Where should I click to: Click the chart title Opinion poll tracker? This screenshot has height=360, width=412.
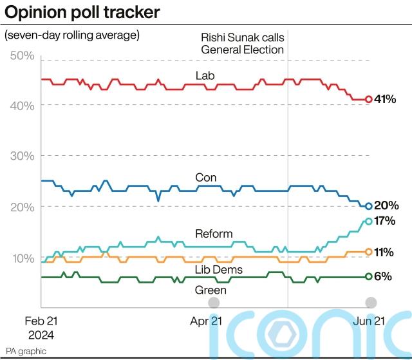click(82, 12)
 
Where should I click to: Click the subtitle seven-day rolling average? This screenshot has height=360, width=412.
click(72, 35)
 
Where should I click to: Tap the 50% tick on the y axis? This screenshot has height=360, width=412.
click(23, 56)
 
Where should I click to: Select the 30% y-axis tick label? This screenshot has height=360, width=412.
click(23, 156)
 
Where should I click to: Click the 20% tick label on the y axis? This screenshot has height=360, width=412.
click(23, 207)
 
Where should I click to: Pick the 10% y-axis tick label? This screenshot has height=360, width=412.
click(23, 258)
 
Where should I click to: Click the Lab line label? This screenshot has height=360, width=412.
click(205, 76)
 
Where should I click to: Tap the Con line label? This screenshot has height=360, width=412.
click(205, 177)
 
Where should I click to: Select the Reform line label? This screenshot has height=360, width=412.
click(213, 234)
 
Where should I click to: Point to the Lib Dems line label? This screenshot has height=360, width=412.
click(218, 269)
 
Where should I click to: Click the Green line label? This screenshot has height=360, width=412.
click(211, 290)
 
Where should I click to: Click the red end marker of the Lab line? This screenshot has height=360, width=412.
click(369, 99)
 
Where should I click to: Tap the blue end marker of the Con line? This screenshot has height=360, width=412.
click(369, 206)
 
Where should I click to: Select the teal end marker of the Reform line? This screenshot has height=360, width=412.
click(369, 221)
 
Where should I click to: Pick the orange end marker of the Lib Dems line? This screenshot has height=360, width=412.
click(369, 252)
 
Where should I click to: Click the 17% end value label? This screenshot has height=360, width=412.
click(385, 221)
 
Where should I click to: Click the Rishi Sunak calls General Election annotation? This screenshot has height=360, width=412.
click(241, 43)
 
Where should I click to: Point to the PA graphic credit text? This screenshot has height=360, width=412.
click(26, 352)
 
